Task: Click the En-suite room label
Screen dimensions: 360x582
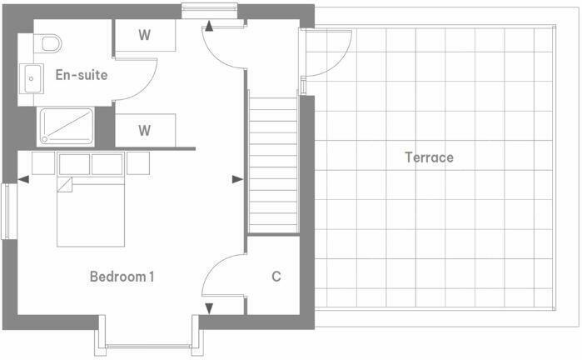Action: [x=81, y=75]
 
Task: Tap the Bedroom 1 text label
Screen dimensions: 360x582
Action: [x=122, y=277]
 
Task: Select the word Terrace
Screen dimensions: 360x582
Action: [x=429, y=157]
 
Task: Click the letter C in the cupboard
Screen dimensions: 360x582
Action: [x=276, y=277]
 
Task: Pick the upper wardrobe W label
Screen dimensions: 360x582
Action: [x=144, y=35]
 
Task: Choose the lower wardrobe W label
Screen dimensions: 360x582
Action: [x=144, y=130]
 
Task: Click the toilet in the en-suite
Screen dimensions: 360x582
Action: [x=49, y=43]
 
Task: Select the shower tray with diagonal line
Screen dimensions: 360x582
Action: [x=66, y=127]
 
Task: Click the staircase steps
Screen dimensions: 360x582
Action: [x=273, y=162]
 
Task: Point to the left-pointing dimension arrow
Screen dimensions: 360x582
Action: [x=23, y=178]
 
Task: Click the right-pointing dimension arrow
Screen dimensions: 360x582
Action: [x=237, y=178]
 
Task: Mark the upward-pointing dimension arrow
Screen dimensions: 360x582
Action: [x=209, y=27]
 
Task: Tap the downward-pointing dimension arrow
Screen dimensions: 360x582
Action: [x=209, y=308]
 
